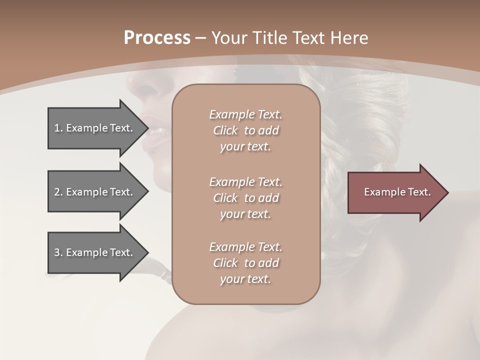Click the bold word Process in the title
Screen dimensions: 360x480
point(157,38)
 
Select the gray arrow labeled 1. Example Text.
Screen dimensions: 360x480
point(95,128)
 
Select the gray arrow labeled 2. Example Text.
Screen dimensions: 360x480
point(95,192)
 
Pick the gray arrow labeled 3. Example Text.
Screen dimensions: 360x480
point(95,252)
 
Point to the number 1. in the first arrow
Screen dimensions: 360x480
point(58,128)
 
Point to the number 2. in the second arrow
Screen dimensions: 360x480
point(58,192)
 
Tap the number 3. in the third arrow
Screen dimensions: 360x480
point(58,252)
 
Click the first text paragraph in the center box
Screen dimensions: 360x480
point(245,130)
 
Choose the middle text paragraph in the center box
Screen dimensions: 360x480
point(245,198)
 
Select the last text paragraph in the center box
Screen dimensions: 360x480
point(245,263)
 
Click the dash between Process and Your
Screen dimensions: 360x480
point(201,38)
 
